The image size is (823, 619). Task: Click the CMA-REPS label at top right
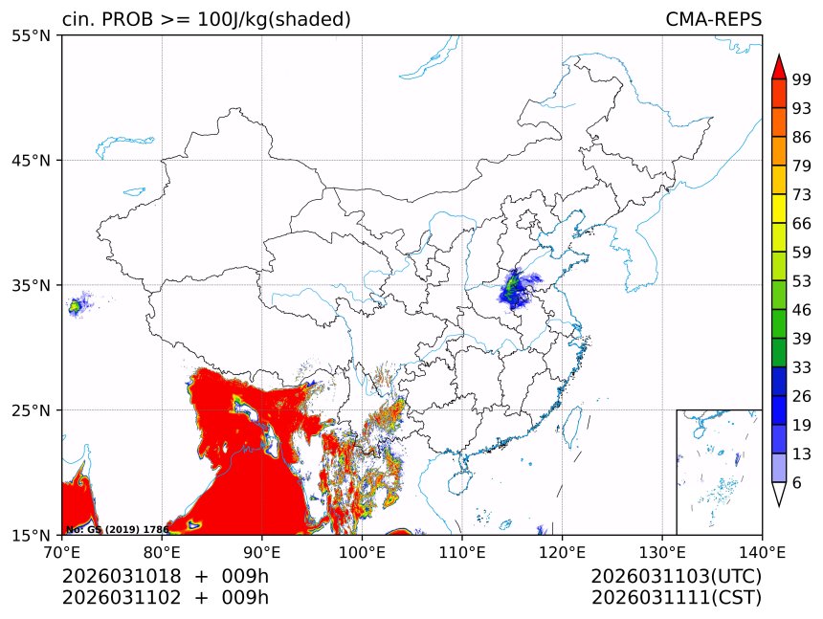click(x=713, y=20)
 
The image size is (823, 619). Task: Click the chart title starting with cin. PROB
click(x=206, y=20)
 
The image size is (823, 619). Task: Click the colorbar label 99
click(x=802, y=80)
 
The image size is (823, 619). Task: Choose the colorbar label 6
click(x=797, y=482)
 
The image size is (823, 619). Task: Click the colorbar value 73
click(x=802, y=195)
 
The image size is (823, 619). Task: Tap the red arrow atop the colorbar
click(x=778, y=66)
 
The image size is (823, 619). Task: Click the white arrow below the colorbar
click(x=778, y=494)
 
